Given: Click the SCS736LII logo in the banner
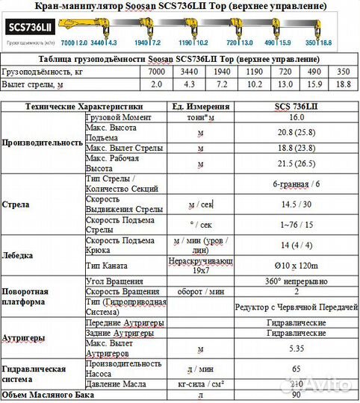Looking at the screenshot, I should [29, 27].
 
